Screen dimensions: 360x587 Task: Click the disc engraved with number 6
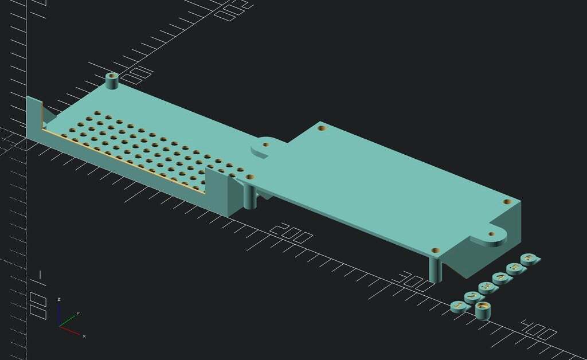tap(529, 260)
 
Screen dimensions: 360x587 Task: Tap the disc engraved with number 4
tap(501, 279)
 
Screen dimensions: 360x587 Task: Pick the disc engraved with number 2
tap(472, 297)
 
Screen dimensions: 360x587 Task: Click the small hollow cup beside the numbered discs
tap(484, 311)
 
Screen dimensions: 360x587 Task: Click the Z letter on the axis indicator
tap(59, 299)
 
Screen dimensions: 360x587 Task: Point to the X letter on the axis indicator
tap(84, 335)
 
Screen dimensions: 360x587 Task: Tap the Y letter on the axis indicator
tap(78, 313)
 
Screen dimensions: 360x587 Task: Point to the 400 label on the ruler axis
tap(539, 329)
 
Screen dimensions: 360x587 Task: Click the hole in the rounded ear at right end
tap(491, 234)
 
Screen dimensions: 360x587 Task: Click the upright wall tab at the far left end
tap(33, 115)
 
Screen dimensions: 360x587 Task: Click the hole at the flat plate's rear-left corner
tap(322, 128)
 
